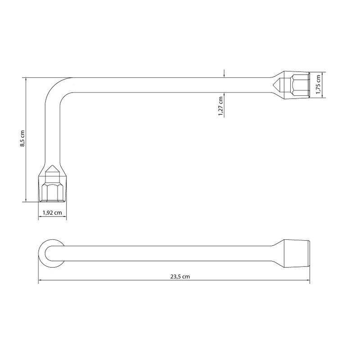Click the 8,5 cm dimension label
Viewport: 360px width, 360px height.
tap(22, 139)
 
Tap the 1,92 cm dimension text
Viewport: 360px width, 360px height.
tap(52, 212)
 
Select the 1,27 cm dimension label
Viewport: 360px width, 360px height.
tap(220, 106)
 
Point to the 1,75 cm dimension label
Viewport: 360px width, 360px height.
tap(318, 85)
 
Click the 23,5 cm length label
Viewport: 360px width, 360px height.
tap(180, 277)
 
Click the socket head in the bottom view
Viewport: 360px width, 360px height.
tap(297, 253)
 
